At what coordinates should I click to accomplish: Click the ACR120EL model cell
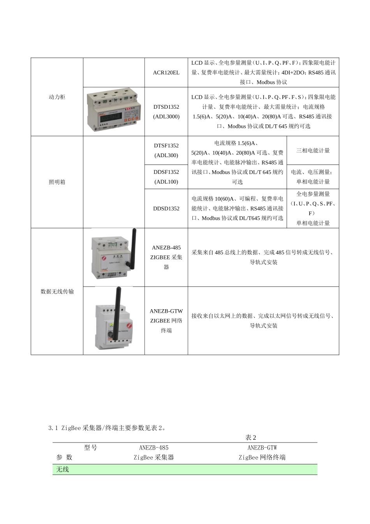tap(166, 73)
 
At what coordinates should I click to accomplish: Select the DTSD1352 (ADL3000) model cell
tap(166, 112)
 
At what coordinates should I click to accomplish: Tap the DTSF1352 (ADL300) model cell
tap(166, 150)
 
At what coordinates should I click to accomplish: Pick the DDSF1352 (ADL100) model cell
tap(166, 177)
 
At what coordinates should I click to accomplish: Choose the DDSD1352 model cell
tap(166, 209)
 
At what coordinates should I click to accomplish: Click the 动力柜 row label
tap(57, 97)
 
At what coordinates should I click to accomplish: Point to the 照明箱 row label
tap(57, 182)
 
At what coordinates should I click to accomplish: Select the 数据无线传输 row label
tap(57, 292)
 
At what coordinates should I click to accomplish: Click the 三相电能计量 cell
tap(313, 150)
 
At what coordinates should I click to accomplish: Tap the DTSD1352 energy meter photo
tap(113, 110)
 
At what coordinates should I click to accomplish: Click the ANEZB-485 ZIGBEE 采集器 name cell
tap(166, 257)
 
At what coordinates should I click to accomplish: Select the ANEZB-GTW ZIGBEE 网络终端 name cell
tap(166, 320)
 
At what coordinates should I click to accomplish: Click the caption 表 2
tap(251, 437)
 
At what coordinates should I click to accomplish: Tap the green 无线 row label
tap(62, 469)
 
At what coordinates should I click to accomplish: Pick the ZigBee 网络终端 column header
tap(262, 457)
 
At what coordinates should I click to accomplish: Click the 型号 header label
tap(90, 448)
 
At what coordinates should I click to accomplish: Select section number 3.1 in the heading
tap(53, 428)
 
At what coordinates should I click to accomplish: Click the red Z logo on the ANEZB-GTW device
tap(129, 326)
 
